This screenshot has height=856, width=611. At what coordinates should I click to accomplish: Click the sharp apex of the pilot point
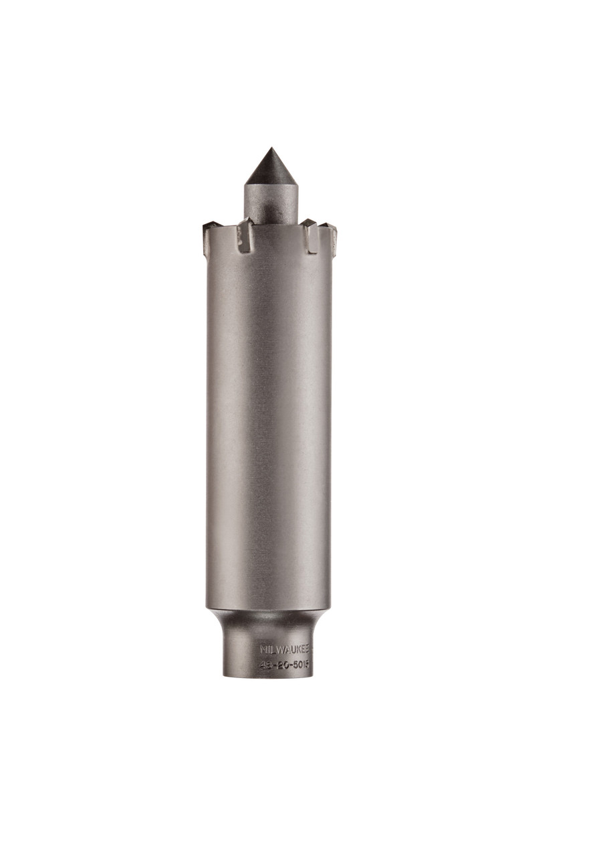270,149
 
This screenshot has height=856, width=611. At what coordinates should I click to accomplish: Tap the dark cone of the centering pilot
270,170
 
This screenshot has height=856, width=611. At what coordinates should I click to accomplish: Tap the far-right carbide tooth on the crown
330,234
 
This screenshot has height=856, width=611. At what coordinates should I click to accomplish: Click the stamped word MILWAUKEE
285,649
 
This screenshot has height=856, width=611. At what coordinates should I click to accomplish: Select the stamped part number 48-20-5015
286,665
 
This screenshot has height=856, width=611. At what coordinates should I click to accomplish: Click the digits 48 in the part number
265,665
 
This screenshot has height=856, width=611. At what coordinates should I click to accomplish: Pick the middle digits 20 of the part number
282,665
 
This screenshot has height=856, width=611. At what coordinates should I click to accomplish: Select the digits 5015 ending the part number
301,665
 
